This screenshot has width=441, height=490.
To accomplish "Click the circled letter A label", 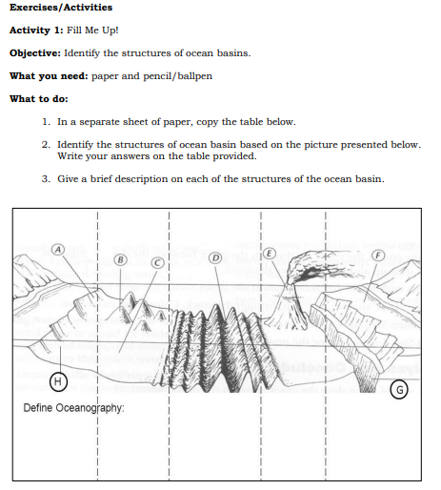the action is [x=58, y=250].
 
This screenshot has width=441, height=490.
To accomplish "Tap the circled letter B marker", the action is [x=121, y=259].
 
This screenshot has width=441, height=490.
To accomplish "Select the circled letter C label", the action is [x=158, y=263].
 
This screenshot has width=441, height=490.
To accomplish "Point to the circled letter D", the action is [x=215, y=257].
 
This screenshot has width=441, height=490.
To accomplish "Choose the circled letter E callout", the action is [x=270, y=254].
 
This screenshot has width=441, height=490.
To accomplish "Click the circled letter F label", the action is [x=378, y=255].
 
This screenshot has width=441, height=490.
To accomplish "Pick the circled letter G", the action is [x=399, y=390].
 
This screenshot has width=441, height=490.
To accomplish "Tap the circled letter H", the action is [x=58, y=381].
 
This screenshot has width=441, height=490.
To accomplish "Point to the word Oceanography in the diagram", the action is [x=90, y=408].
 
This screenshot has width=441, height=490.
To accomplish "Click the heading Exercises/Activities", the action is [x=61, y=7].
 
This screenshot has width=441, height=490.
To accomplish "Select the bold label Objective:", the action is [x=35, y=53].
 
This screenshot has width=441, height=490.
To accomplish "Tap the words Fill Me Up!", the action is [x=92, y=31].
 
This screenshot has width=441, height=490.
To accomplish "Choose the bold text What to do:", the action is [x=39, y=99].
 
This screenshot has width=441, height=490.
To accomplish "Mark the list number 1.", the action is [x=46, y=122].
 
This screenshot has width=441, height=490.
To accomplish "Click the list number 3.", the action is [x=46, y=179].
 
